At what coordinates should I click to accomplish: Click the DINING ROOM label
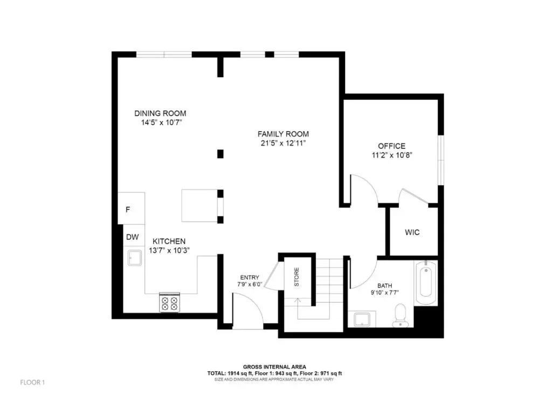click(x=160, y=113)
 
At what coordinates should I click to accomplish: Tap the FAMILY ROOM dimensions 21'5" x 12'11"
click(x=283, y=144)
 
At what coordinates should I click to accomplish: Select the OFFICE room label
click(x=391, y=146)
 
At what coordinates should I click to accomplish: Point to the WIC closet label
click(x=412, y=233)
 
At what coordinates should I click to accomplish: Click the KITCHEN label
click(x=169, y=241)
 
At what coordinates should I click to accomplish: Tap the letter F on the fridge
click(x=128, y=210)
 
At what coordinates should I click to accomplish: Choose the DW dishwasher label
click(x=133, y=237)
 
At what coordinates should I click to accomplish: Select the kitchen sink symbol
click(x=135, y=257)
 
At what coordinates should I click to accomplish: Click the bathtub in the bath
click(x=426, y=283)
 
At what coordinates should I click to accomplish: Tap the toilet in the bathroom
click(x=401, y=315)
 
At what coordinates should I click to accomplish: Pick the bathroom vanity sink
click(x=362, y=319)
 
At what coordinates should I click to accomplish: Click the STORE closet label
click(x=296, y=277)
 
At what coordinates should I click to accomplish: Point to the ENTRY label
click(x=250, y=278)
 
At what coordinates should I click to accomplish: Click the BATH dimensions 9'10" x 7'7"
click(x=384, y=292)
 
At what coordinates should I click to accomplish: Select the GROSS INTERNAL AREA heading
click(x=274, y=367)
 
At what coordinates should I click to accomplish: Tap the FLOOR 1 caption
click(x=32, y=382)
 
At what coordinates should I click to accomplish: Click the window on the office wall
click(x=441, y=160)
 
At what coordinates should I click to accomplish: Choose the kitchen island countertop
click(x=199, y=206)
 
